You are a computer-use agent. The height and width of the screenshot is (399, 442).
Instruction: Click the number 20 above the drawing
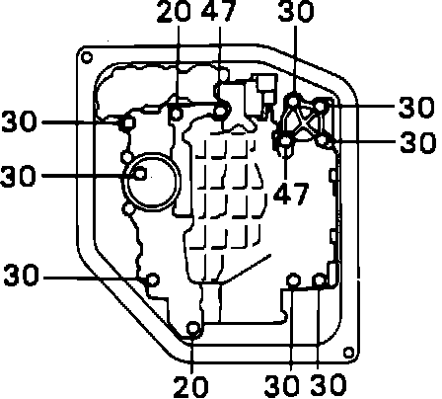pyautogui.click(x=174, y=12)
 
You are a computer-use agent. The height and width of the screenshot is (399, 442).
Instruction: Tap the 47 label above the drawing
pyautogui.click(x=219, y=12)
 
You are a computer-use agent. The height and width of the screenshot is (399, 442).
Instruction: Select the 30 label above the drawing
pyautogui.click(x=296, y=12)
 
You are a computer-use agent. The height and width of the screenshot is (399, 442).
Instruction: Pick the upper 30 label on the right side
pyautogui.click(x=416, y=107)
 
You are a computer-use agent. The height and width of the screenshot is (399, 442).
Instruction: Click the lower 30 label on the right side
pyautogui.click(x=417, y=142)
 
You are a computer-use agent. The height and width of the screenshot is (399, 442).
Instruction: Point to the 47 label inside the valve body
pyautogui.click(x=291, y=193)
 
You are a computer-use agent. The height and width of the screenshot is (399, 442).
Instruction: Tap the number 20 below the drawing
pyautogui.click(x=190, y=386)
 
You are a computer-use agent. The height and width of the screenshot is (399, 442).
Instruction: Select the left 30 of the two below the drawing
pyautogui.click(x=281, y=385)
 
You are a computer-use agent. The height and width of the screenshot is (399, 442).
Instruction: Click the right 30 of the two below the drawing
pyautogui.click(x=329, y=385)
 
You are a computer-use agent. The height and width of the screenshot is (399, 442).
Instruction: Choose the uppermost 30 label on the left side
pyautogui.click(x=19, y=121)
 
